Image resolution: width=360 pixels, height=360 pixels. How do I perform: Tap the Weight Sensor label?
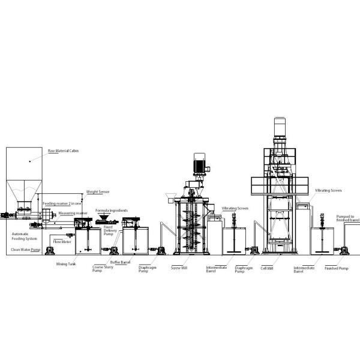pos(98,192)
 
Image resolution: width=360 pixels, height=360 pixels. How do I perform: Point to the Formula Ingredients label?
pos(112,211)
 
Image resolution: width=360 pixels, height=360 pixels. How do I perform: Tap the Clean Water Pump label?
pos(25,249)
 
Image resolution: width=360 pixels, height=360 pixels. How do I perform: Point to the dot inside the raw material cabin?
pos(29,161)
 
